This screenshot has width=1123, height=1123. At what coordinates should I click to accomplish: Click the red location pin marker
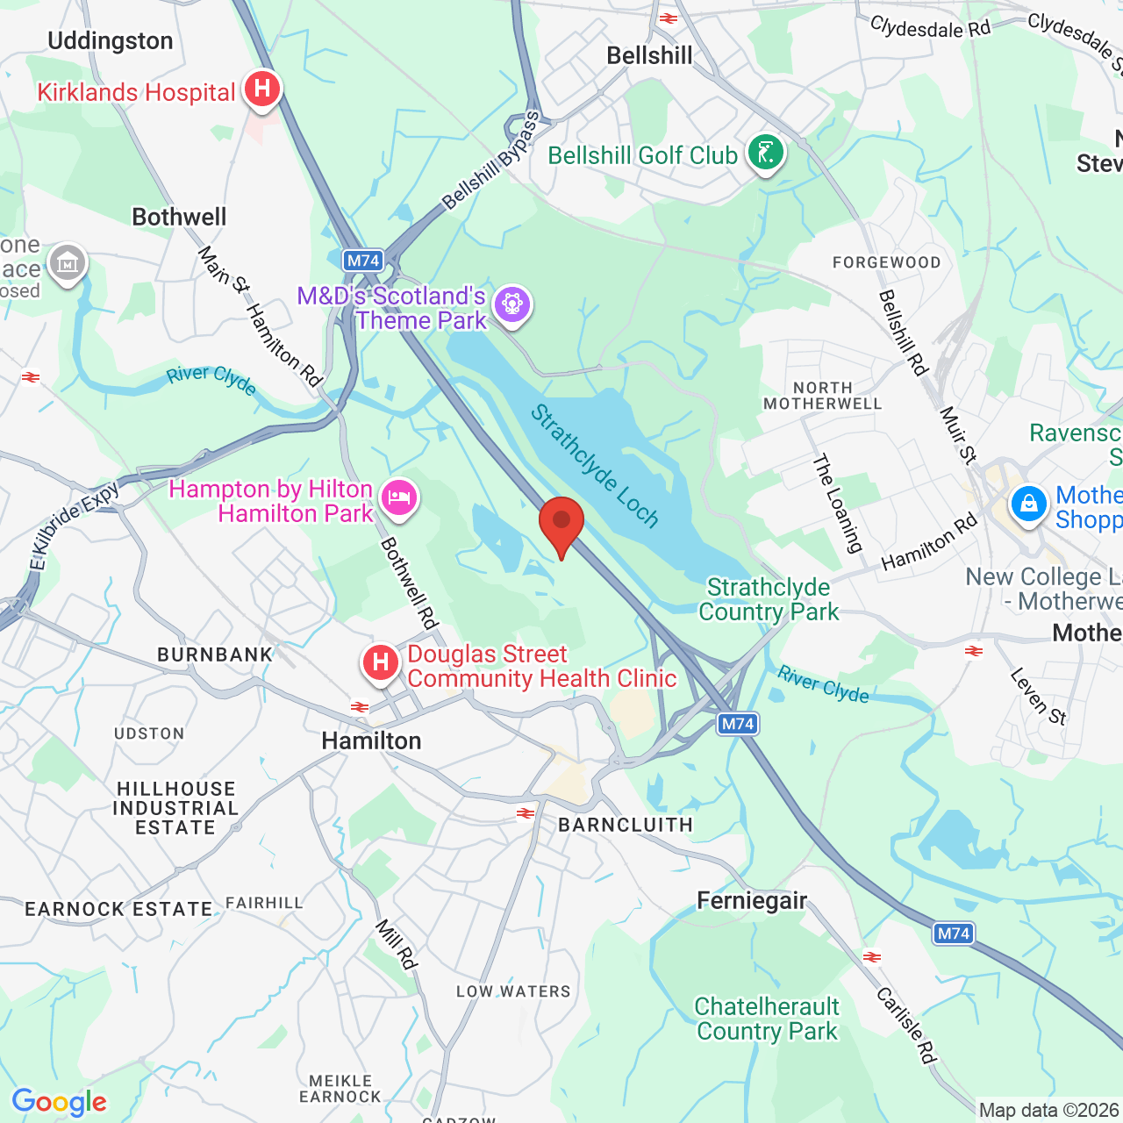[x=561, y=524]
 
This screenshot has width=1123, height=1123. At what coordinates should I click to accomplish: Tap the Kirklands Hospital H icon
[x=261, y=89]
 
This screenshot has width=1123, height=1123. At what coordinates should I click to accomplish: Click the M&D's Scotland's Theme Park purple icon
[x=512, y=304]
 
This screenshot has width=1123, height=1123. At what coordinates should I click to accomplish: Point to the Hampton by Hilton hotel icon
[x=399, y=497]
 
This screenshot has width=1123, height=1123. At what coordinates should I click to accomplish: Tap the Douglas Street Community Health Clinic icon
[x=381, y=662]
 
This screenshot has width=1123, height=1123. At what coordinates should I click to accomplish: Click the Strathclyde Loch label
[x=594, y=466]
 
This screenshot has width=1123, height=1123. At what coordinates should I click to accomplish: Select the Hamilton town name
[x=371, y=741]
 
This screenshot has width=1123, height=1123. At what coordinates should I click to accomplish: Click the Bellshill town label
[x=649, y=56]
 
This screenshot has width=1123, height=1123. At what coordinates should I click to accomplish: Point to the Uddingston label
[x=111, y=41]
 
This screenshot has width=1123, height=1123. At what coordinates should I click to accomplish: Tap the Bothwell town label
[x=179, y=218]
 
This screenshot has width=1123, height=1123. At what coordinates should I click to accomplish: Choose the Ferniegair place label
[x=752, y=901]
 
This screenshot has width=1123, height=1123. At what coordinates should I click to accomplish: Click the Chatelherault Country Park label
[x=767, y=1019]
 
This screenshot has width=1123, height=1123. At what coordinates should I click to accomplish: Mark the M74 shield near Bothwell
[x=363, y=261]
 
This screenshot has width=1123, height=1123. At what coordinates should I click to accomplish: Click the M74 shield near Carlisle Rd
[x=953, y=933]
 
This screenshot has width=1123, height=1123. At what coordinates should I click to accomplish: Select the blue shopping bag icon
[x=1028, y=504]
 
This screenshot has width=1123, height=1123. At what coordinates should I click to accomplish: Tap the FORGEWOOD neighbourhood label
[x=886, y=262]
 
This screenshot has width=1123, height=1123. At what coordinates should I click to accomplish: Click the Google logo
[x=60, y=1102]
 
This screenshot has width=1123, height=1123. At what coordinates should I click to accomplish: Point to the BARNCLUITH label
[x=626, y=826]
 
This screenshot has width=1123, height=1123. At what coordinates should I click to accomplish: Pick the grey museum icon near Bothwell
[x=68, y=262]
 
